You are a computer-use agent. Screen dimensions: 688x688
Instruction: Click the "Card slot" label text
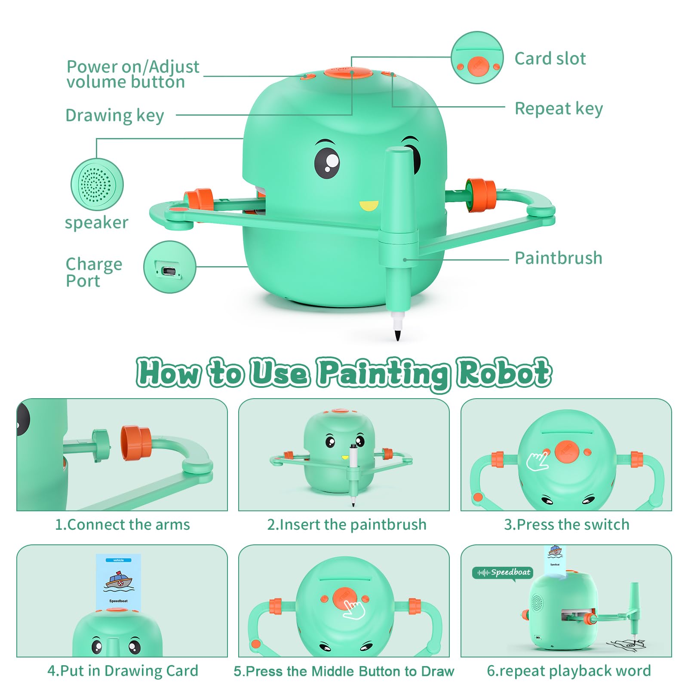(x=550, y=58)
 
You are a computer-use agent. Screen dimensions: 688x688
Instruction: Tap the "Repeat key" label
(x=559, y=109)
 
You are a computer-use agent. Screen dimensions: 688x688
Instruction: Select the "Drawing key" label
(x=115, y=116)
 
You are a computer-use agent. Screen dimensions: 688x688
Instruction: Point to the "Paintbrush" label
(x=559, y=258)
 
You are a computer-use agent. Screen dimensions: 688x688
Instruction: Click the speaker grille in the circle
(x=97, y=184)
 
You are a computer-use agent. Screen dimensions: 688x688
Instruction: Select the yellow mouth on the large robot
(x=369, y=206)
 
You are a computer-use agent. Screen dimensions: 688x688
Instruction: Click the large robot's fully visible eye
(x=327, y=162)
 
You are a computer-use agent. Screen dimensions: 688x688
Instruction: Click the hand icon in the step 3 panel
(x=537, y=461)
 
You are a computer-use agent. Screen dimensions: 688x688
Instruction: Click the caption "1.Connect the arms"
(x=123, y=525)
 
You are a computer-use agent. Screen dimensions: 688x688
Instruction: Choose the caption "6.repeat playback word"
(x=569, y=671)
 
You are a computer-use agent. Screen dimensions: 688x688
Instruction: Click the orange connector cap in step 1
(x=136, y=443)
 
